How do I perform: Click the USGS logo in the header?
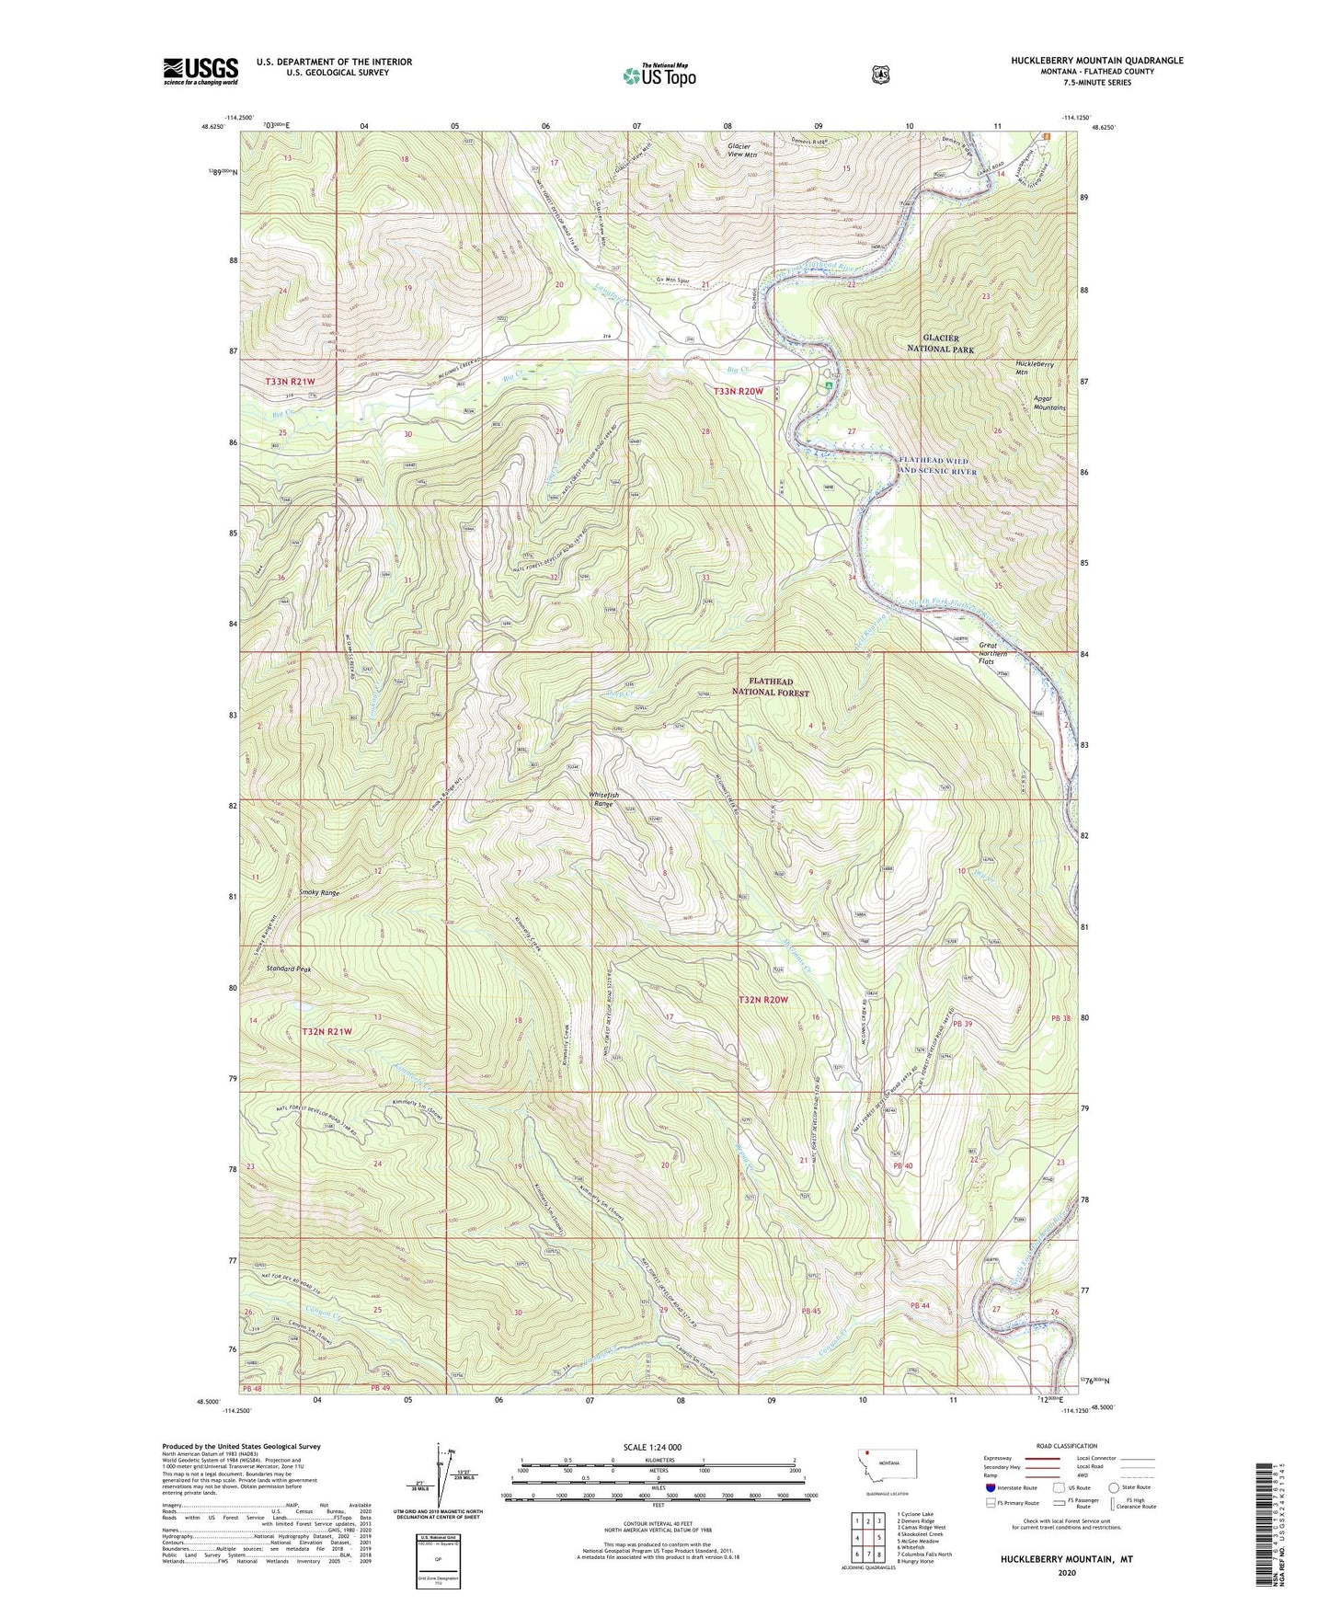pyautogui.click(x=200, y=71)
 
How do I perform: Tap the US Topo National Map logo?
pyautogui.click(x=659, y=75)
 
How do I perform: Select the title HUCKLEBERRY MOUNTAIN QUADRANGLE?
pyautogui.click(x=1093, y=61)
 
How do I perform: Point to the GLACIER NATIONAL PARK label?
pyautogui.click(x=940, y=344)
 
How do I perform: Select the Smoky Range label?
pyautogui.click(x=319, y=893)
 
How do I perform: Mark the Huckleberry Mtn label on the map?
pyautogui.click(x=1034, y=367)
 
